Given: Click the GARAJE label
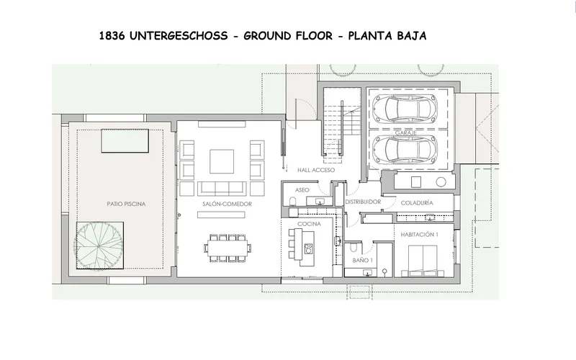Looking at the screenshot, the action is (x=405, y=133).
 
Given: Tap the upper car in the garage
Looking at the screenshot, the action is (x=405, y=109).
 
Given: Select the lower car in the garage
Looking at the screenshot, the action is (x=405, y=150).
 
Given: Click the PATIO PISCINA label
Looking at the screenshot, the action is (x=126, y=204).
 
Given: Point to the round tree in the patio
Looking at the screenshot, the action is (x=99, y=245).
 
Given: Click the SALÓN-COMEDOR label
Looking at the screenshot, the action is (x=227, y=204).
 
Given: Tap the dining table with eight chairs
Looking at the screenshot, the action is (x=228, y=248).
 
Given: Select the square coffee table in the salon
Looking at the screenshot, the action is (x=222, y=161).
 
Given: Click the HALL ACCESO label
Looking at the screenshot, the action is (x=316, y=170).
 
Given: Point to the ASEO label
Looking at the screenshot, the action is (x=302, y=190).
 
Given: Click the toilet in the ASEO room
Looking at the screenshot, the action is (x=293, y=202).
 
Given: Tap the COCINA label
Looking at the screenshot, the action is (x=309, y=224).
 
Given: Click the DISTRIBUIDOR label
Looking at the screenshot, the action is (x=363, y=202).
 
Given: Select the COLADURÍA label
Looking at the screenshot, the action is (x=417, y=203).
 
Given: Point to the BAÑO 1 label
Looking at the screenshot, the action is (x=363, y=261).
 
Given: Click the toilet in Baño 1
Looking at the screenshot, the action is (x=354, y=248).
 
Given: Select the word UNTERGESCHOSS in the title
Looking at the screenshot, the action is (x=179, y=35).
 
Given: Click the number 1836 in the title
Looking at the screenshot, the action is (x=112, y=35).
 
